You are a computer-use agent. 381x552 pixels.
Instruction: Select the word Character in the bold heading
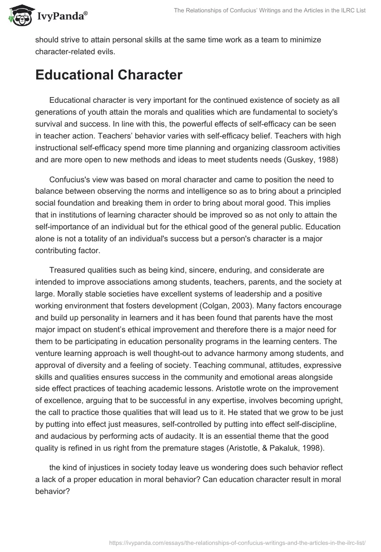154,75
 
